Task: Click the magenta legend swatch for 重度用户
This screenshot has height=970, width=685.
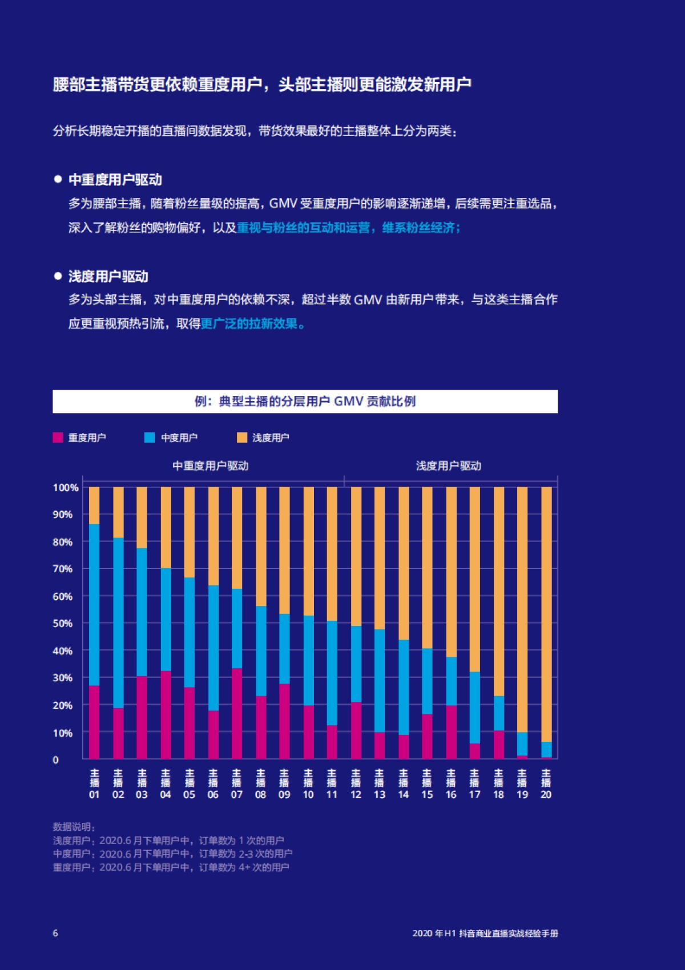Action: pos(58,438)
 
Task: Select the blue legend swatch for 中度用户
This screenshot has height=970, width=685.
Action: pos(150,438)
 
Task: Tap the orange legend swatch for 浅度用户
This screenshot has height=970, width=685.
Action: pos(242,438)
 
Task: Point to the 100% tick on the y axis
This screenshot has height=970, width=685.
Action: pos(66,488)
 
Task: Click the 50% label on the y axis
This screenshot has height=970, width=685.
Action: pos(63,624)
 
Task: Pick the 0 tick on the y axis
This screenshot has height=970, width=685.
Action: pos(55,760)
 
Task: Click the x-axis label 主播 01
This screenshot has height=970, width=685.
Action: pos(94,785)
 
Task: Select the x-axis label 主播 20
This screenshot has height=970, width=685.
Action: pos(546,785)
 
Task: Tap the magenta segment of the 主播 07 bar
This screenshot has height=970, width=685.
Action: pos(237,713)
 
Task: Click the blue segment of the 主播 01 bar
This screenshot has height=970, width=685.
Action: pos(94,605)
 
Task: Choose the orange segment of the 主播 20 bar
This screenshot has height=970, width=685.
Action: pos(546,613)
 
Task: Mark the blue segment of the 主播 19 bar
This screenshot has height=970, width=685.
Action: pos(522,744)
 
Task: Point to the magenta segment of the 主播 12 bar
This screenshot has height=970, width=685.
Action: pos(356,730)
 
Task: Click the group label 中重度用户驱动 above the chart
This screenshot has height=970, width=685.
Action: pos(211,466)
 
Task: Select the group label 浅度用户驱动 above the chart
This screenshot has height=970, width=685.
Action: pos(449,466)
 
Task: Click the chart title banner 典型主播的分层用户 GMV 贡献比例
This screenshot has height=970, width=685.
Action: pos(305,402)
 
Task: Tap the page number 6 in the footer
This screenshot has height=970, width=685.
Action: pos(55,933)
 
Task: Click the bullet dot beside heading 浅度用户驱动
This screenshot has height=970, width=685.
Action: pos(58,276)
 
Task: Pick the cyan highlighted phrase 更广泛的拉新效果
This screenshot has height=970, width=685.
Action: pos(252,324)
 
